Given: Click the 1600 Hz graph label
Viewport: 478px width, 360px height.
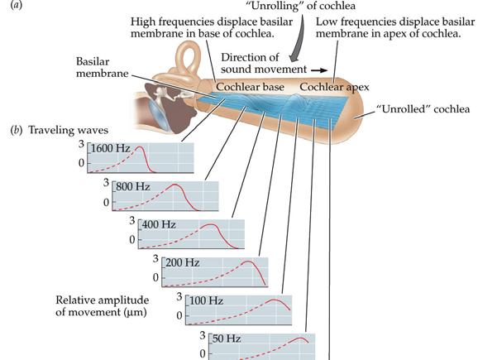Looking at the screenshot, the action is pyautogui.click(x=110, y=149).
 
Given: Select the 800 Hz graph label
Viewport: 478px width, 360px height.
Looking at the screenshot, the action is pyautogui.click(x=133, y=187).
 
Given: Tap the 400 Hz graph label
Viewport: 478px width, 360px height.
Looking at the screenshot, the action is pyautogui.click(x=159, y=225).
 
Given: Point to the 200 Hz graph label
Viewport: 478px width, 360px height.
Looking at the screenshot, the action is pyautogui.click(x=182, y=262).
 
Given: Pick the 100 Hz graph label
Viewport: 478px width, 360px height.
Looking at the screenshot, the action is pyautogui.click(x=206, y=300).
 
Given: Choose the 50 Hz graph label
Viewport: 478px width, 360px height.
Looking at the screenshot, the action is pyautogui.click(x=227, y=338).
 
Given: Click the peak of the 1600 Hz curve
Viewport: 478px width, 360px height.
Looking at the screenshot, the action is pyautogui.click(x=140, y=147).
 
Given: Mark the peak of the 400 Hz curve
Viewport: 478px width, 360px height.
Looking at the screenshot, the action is pyautogui.click(x=211, y=225).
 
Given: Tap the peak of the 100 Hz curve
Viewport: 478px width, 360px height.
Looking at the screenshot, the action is pyautogui.click(x=274, y=300).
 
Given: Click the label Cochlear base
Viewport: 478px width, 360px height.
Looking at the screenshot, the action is pyautogui.click(x=250, y=87).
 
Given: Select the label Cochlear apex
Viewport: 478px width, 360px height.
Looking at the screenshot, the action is pyautogui.click(x=334, y=87).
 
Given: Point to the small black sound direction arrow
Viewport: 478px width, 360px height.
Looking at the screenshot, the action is pyautogui.click(x=319, y=70).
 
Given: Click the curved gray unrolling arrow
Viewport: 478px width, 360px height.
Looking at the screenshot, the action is pyautogui.click(x=299, y=40).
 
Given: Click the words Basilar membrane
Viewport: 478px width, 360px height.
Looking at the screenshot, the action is pyautogui.click(x=102, y=67).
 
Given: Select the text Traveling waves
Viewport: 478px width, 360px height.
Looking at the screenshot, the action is pyautogui.click(x=69, y=131).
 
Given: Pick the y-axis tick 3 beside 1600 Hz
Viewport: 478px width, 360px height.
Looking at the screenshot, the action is pyautogui.click(x=81, y=144).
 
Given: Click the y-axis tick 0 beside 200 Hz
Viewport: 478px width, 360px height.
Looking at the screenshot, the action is pyautogui.click(x=155, y=278).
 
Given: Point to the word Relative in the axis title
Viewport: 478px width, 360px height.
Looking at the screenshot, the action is pyautogui.click(x=75, y=300).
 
